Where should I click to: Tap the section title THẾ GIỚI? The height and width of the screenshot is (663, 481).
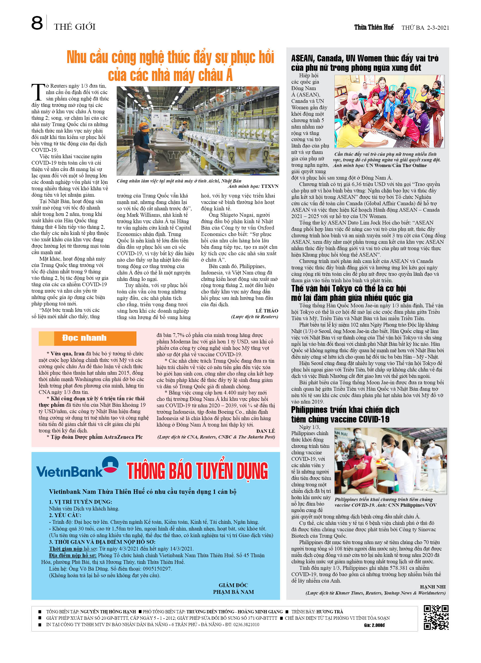point(74,27)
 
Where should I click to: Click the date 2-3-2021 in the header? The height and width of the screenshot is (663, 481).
point(438,28)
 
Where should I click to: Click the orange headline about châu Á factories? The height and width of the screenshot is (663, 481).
point(170,66)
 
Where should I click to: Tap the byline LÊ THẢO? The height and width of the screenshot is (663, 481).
point(267,311)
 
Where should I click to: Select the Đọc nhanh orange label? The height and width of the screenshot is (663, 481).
point(84,338)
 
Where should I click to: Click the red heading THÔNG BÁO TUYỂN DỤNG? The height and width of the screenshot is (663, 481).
point(197,471)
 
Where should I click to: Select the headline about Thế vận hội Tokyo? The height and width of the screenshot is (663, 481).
point(352,293)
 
